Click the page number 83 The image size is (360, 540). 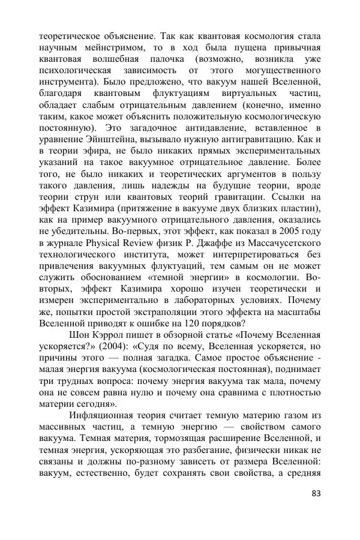[317, 494]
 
